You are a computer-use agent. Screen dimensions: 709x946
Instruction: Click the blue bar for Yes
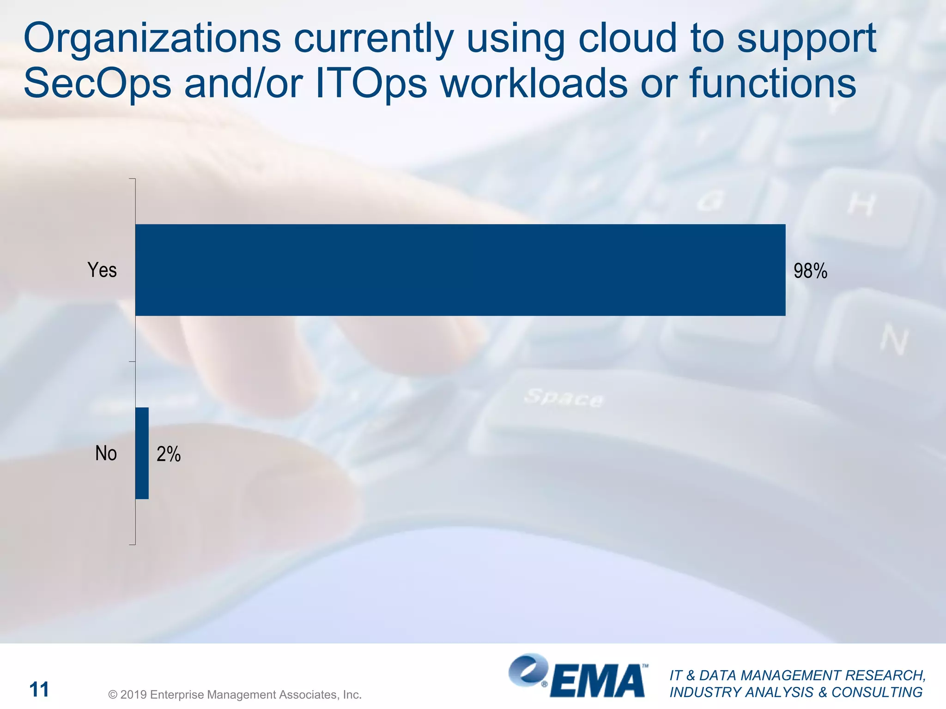click(x=460, y=270)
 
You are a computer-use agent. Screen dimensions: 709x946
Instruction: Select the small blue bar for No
click(x=142, y=453)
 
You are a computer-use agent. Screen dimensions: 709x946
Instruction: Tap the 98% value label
click(x=810, y=271)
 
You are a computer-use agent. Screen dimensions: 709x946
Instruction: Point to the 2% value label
click(x=169, y=454)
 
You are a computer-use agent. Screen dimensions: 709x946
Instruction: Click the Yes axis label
click(x=102, y=270)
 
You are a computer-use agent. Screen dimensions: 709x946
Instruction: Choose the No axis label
click(x=106, y=453)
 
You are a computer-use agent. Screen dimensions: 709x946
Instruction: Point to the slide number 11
click(x=39, y=690)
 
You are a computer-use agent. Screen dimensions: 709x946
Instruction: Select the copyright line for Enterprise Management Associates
click(x=235, y=695)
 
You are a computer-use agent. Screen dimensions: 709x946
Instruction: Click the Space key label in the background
click(x=564, y=397)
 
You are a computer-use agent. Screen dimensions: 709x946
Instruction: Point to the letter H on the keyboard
click(x=862, y=204)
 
